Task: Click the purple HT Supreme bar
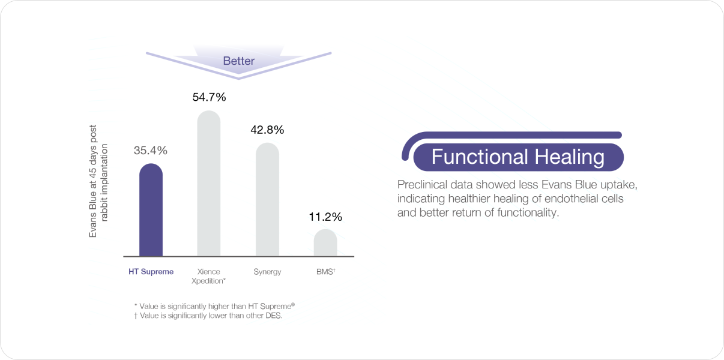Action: click(x=151, y=210)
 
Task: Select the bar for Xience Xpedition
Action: click(x=209, y=184)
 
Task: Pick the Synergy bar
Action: click(x=267, y=200)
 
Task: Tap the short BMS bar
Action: click(x=325, y=243)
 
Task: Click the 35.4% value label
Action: click(x=151, y=150)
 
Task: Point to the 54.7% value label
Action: click(x=209, y=97)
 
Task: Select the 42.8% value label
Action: click(x=267, y=130)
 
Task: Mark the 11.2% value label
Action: click(x=325, y=217)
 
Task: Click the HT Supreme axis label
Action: click(x=151, y=271)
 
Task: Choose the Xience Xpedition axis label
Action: click(x=208, y=276)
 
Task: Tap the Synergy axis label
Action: click(x=267, y=272)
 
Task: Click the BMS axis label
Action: click(x=326, y=271)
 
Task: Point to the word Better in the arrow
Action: click(x=239, y=61)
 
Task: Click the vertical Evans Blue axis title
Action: click(x=98, y=181)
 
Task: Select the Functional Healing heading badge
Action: click(x=518, y=157)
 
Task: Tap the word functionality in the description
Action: click(x=528, y=212)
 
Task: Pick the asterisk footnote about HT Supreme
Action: click(x=214, y=306)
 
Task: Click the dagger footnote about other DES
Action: click(x=208, y=316)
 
